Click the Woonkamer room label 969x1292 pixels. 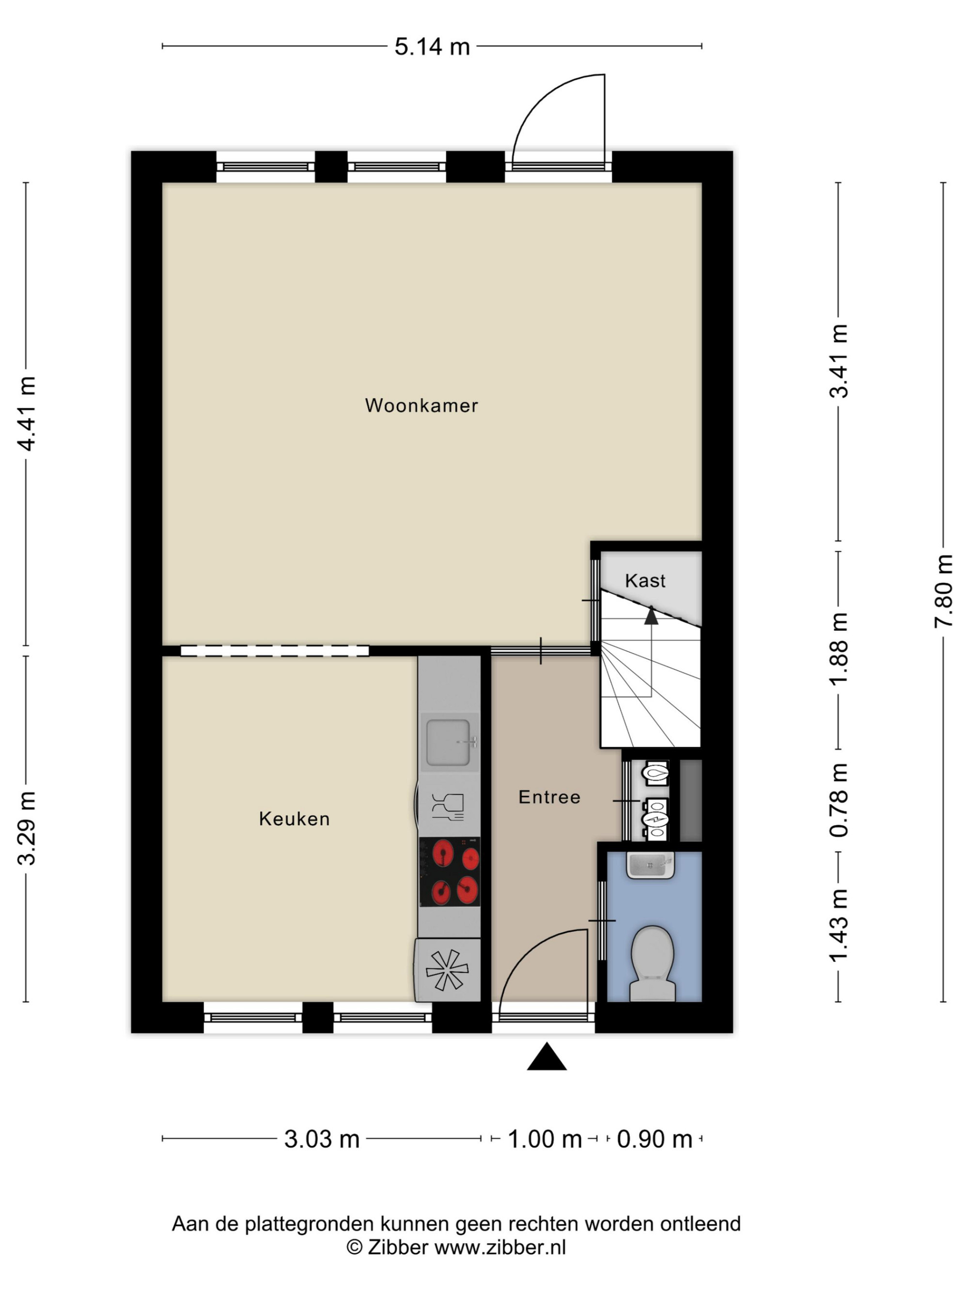(x=421, y=405)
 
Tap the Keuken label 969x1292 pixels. (x=295, y=819)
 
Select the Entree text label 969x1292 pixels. (x=549, y=797)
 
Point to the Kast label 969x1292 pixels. (x=645, y=580)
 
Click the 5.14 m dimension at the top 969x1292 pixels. (x=432, y=47)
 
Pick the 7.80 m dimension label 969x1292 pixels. (x=943, y=591)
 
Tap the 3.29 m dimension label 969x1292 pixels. (x=27, y=828)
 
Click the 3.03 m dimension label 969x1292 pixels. (x=322, y=1139)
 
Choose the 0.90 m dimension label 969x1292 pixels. (x=654, y=1139)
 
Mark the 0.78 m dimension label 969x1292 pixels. (x=839, y=800)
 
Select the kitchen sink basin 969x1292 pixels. (x=448, y=742)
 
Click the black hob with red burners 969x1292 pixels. (x=450, y=872)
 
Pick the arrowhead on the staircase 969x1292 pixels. (x=651, y=616)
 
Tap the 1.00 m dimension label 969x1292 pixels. (x=545, y=1139)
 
